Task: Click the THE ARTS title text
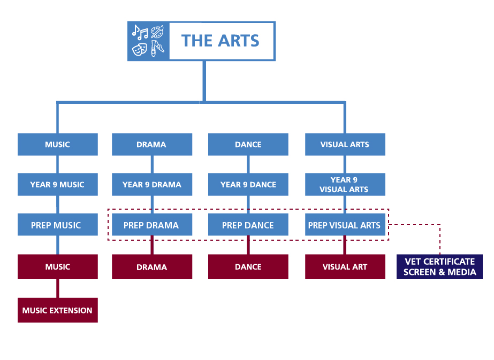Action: tap(220, 41)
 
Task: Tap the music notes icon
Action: tap(140, 32)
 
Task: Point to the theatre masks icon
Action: tap(140, 49)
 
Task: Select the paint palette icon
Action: tap(157, 32)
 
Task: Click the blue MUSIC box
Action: tap(58, 144)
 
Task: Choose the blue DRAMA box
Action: tap(152, 144)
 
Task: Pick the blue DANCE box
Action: tap(248, 144)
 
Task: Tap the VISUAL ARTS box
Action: tap(345, 144)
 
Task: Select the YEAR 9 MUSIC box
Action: tap(58, 185)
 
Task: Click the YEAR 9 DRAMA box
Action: tap(152, 185)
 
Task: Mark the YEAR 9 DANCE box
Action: tap(248, 185)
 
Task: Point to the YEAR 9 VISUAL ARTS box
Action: tap(345, 185)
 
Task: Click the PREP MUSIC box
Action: tap(58, 225)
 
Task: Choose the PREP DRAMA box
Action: tap(152, 225)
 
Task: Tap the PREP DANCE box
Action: tap(248, 225)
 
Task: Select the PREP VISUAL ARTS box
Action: tap(345, 225)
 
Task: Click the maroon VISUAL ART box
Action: tap(345, 267)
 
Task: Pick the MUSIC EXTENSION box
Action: tap(58, 310)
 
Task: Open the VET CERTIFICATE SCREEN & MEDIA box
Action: tap(439, 267)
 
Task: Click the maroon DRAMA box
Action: tap(152, 267)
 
